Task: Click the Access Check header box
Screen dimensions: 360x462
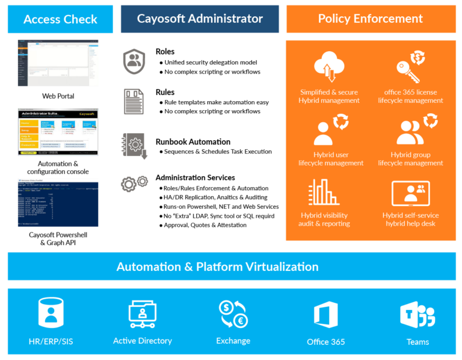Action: (60, 19)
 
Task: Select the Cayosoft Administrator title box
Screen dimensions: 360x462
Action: (200, 19)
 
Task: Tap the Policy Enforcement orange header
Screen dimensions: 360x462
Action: (371, 19)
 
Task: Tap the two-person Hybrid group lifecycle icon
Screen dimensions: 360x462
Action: (411, 129)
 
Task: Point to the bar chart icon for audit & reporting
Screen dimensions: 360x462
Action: (325, 193)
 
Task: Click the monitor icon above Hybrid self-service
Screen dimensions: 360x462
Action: (411, 193)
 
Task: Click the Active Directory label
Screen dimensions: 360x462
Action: (143, 341)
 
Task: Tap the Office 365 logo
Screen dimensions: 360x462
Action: (325, 315)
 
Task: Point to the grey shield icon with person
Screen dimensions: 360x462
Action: (134, 60)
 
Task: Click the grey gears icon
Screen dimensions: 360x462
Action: (134, 184)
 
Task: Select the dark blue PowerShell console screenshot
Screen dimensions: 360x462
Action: (58, 202)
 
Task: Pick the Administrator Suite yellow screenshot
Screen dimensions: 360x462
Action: (58, 132)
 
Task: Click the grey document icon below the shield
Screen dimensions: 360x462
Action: (134, 102)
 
